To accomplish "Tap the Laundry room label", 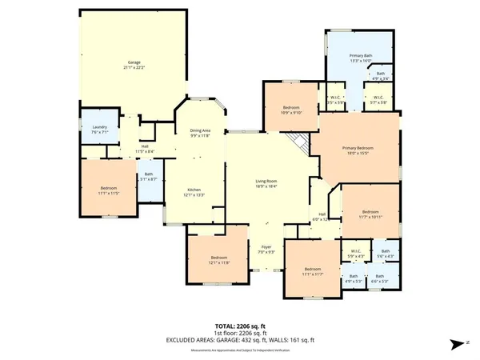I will pos(99,128).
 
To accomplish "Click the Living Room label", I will pos(266,182).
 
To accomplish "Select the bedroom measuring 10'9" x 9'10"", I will pos(290,108).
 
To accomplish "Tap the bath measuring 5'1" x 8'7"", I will pos(148,176).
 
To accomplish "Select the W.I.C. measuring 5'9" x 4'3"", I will pos(357,253).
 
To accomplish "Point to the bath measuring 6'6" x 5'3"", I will pos(380,279).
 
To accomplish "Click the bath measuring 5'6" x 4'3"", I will pos(385,253).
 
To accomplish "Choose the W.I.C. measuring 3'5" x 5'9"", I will pos(336,101).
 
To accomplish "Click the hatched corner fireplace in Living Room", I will pos(298,145).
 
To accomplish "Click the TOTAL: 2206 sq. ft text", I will pos(239,326).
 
